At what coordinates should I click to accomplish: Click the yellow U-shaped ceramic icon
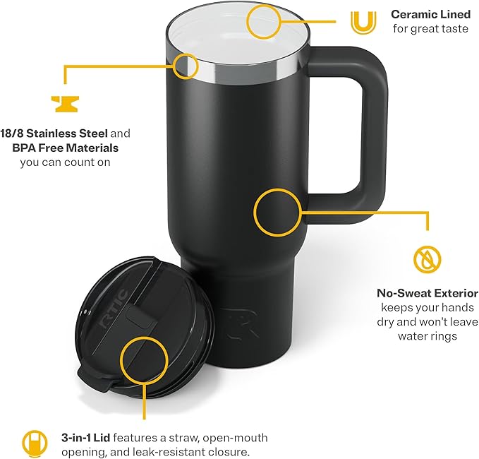pos(363,30)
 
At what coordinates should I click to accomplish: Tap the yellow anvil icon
pos(65,104)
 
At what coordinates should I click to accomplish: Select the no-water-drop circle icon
pos(428,261)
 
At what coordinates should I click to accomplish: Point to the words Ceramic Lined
pos(431,14)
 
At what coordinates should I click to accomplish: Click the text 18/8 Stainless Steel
pos(54,133)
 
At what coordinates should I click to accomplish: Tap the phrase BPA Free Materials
pos(66,148)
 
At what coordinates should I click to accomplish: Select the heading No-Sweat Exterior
pos(428,293)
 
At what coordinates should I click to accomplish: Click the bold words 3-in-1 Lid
pos(85,438)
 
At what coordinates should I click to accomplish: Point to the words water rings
pos(428,336)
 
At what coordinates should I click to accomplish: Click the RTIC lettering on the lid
pos(114,309)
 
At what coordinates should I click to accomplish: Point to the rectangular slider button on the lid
pos(141,318)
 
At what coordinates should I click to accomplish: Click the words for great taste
pos(431,29)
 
